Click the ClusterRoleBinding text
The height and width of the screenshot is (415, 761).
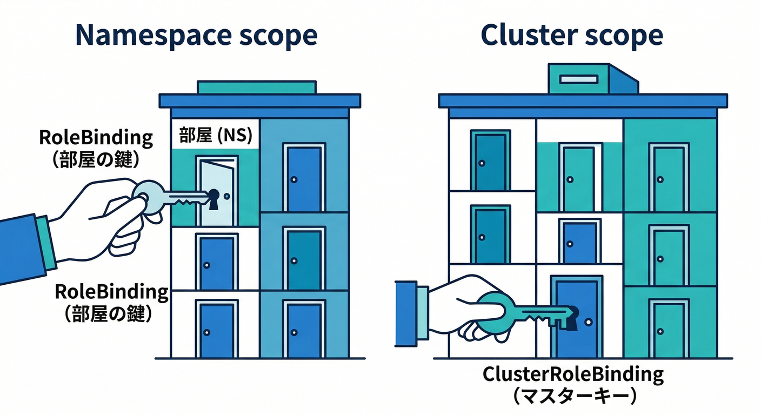tap(572, 374)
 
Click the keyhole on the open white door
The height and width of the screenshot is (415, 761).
tap(213, 196)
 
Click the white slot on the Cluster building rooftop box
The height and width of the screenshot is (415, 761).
tap(579, 79)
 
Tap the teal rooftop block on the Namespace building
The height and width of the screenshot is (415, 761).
tap(256, 88)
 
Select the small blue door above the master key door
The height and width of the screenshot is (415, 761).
tap(579, 242)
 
